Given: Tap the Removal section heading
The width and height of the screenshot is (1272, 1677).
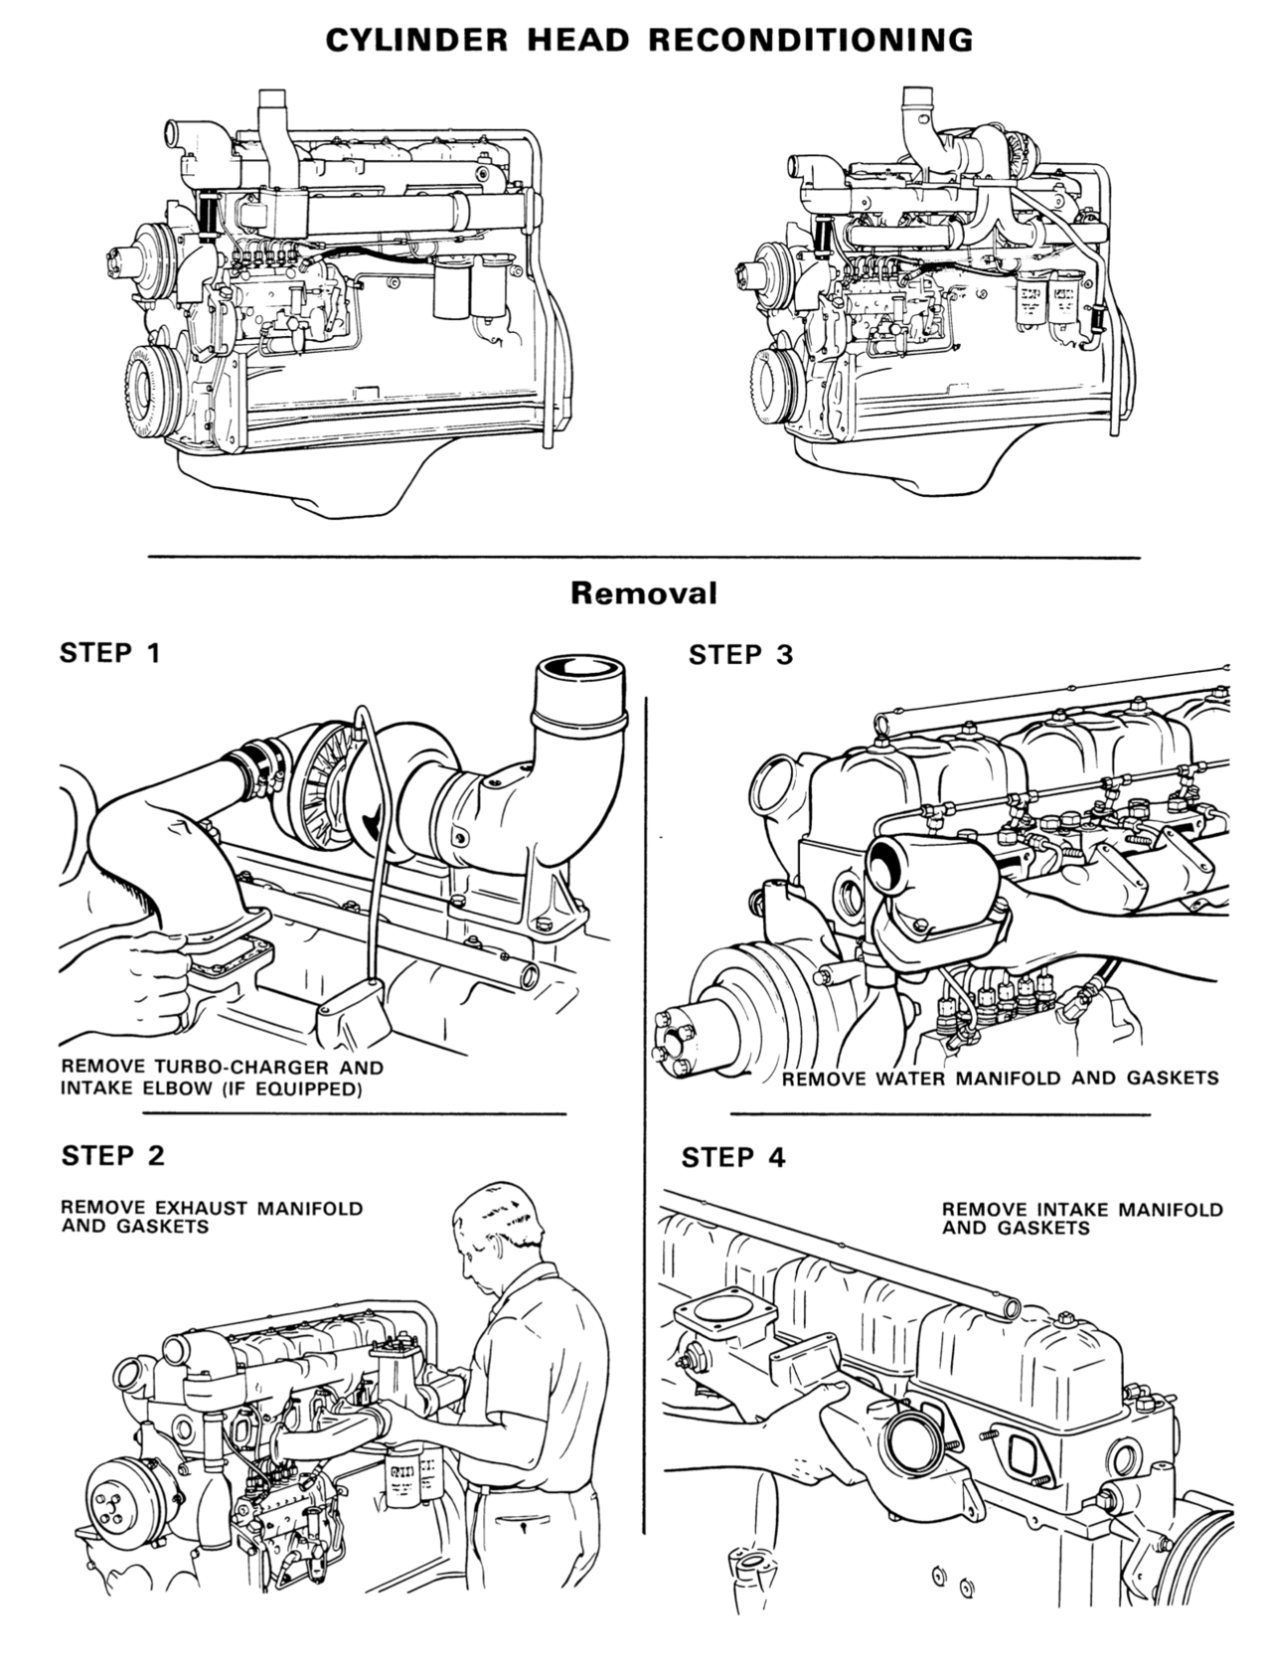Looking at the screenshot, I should tap(643, 593).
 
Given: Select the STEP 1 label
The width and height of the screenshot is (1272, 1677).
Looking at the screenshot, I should tap(109, 653).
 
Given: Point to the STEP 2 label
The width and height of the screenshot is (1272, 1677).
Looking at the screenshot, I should tap(112, 1155).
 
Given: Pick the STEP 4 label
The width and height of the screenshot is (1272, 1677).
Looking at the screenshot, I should tap(733, 1157).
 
